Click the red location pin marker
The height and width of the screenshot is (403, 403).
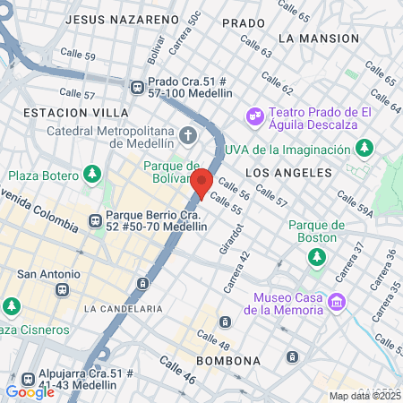[x=201, y=184]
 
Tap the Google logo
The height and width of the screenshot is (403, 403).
[x=30, y=391]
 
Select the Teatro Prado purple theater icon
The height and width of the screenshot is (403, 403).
[x=255, y=115]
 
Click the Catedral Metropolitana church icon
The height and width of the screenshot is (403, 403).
[x=188, y=136]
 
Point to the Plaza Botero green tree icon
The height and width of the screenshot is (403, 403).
[x=91, y=174]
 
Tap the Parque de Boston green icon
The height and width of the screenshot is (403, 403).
[x=316, y=258]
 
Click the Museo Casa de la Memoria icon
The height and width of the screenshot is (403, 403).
[x=337, y=303]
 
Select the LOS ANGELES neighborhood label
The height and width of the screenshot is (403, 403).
[x=288, y=172]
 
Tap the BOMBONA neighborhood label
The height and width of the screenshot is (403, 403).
[x=229, y=360]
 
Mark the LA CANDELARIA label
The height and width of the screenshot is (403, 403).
[x=124, y=308]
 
